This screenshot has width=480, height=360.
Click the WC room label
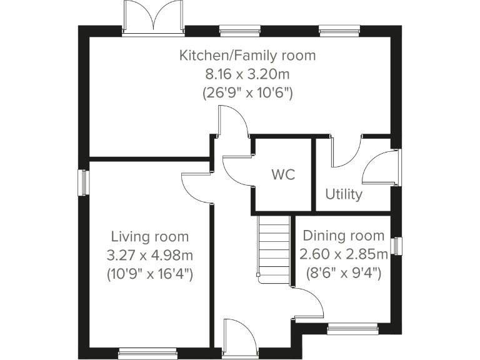(x=283, y=174)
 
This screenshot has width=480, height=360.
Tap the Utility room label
(x=343, y=194)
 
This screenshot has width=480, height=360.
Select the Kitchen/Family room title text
(x=247, y=56)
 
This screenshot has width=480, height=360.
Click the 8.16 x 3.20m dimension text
(x=247, y=74)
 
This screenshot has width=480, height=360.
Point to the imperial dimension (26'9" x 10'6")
(x=247, y=93)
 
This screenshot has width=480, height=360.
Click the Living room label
(x=149, y=236)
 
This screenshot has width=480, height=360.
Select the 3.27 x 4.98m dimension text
(x=149, y=255)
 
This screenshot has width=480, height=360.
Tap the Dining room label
(x=343, y=236)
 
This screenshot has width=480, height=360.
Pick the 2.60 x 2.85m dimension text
(x=343, y=254)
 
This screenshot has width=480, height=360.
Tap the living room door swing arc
(x=197, y=187)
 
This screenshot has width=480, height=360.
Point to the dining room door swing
(x=309, y=304)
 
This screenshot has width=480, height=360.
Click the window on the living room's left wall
(x=83, y=182)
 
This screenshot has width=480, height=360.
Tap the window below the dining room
(x=353, y=327)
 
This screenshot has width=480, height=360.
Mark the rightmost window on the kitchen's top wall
(x=339, y=28)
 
